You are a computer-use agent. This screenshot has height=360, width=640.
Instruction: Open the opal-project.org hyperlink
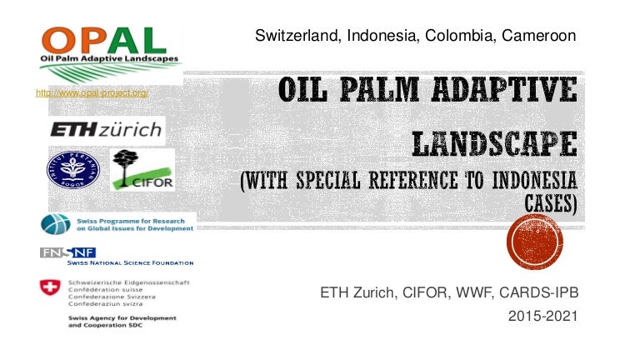pyautogui.click(x=92, y=92)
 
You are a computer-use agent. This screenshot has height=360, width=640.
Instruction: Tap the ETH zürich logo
pyautogui.click(x=106, y=130)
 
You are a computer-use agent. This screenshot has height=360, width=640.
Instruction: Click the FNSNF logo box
pyautogui.click(x=67, y=252)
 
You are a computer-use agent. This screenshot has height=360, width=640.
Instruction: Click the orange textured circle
pyautogui.click(x=535, y=242)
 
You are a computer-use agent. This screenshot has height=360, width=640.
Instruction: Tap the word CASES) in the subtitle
pyautogui.click(x=550, y=201)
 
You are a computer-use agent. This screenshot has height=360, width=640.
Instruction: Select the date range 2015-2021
pyautogui.click(x=542, y=317)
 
